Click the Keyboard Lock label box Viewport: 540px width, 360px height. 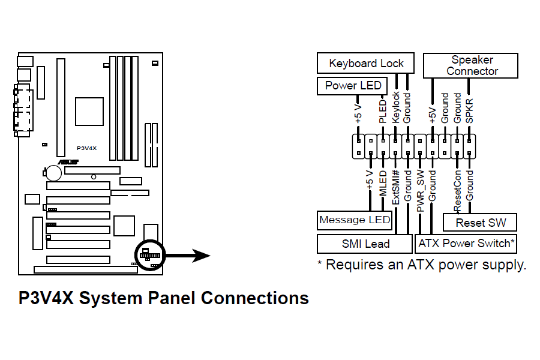pyautogui.click(x=366, y=63)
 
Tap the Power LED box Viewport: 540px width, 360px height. pyautogui.click(x=353, y=86)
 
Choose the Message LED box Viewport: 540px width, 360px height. pyautogui.click(x=355, y=220)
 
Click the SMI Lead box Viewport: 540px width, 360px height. pyautogui.click(x=365, y=244)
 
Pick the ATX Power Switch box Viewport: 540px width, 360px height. pyautogui.click(x=466, y=243)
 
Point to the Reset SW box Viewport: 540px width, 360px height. pyautogui.click(x=480, y=223)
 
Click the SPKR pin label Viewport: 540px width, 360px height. pyautogui.click(x=470, y=111)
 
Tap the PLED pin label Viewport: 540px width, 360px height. pyautogui.click(x=382, y=112)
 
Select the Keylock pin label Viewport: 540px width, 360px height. pyautogui.click(x=395, y=108)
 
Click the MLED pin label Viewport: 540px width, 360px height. pyautogui.click(x=383, y=182)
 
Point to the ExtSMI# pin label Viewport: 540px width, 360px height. pyautogui.click(x=395, y=187)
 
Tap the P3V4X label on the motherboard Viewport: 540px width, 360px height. pyautogui.click(x=88, y=148)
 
